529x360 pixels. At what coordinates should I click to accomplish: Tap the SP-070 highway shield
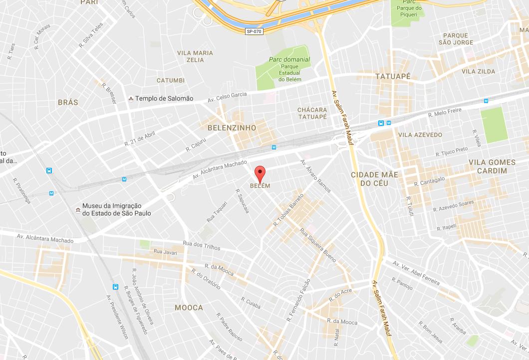pyautogui.click(x=254, y=31)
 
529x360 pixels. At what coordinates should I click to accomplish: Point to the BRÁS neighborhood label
pyautogui.click(x=68, y=102)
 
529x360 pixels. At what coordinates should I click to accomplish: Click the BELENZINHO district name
pyautogui.click(x=232, y=128)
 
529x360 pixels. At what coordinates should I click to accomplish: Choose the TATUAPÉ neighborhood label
pyautogui.click(x=392, y=76)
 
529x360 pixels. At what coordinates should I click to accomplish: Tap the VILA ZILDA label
pyautogui.click(x=478, y=71)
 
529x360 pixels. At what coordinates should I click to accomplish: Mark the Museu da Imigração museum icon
pyautogui.click(x=77, y=210)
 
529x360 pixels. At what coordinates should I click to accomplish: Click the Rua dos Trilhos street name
pyautogui.click(x=201, y=245)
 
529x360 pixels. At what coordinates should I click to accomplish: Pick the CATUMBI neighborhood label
pyautogui.click(x=171, y=80)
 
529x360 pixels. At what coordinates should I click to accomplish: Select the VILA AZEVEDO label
pyautogui.click(x=420, y=135)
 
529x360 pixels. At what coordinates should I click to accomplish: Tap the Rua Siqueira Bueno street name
pyautogui.click(x=317, y=245)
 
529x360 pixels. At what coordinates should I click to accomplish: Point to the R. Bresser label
pyautogui.click(x=109, y=93)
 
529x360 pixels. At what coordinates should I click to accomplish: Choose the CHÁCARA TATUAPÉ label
pyautogui.click(x=312, y=113)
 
